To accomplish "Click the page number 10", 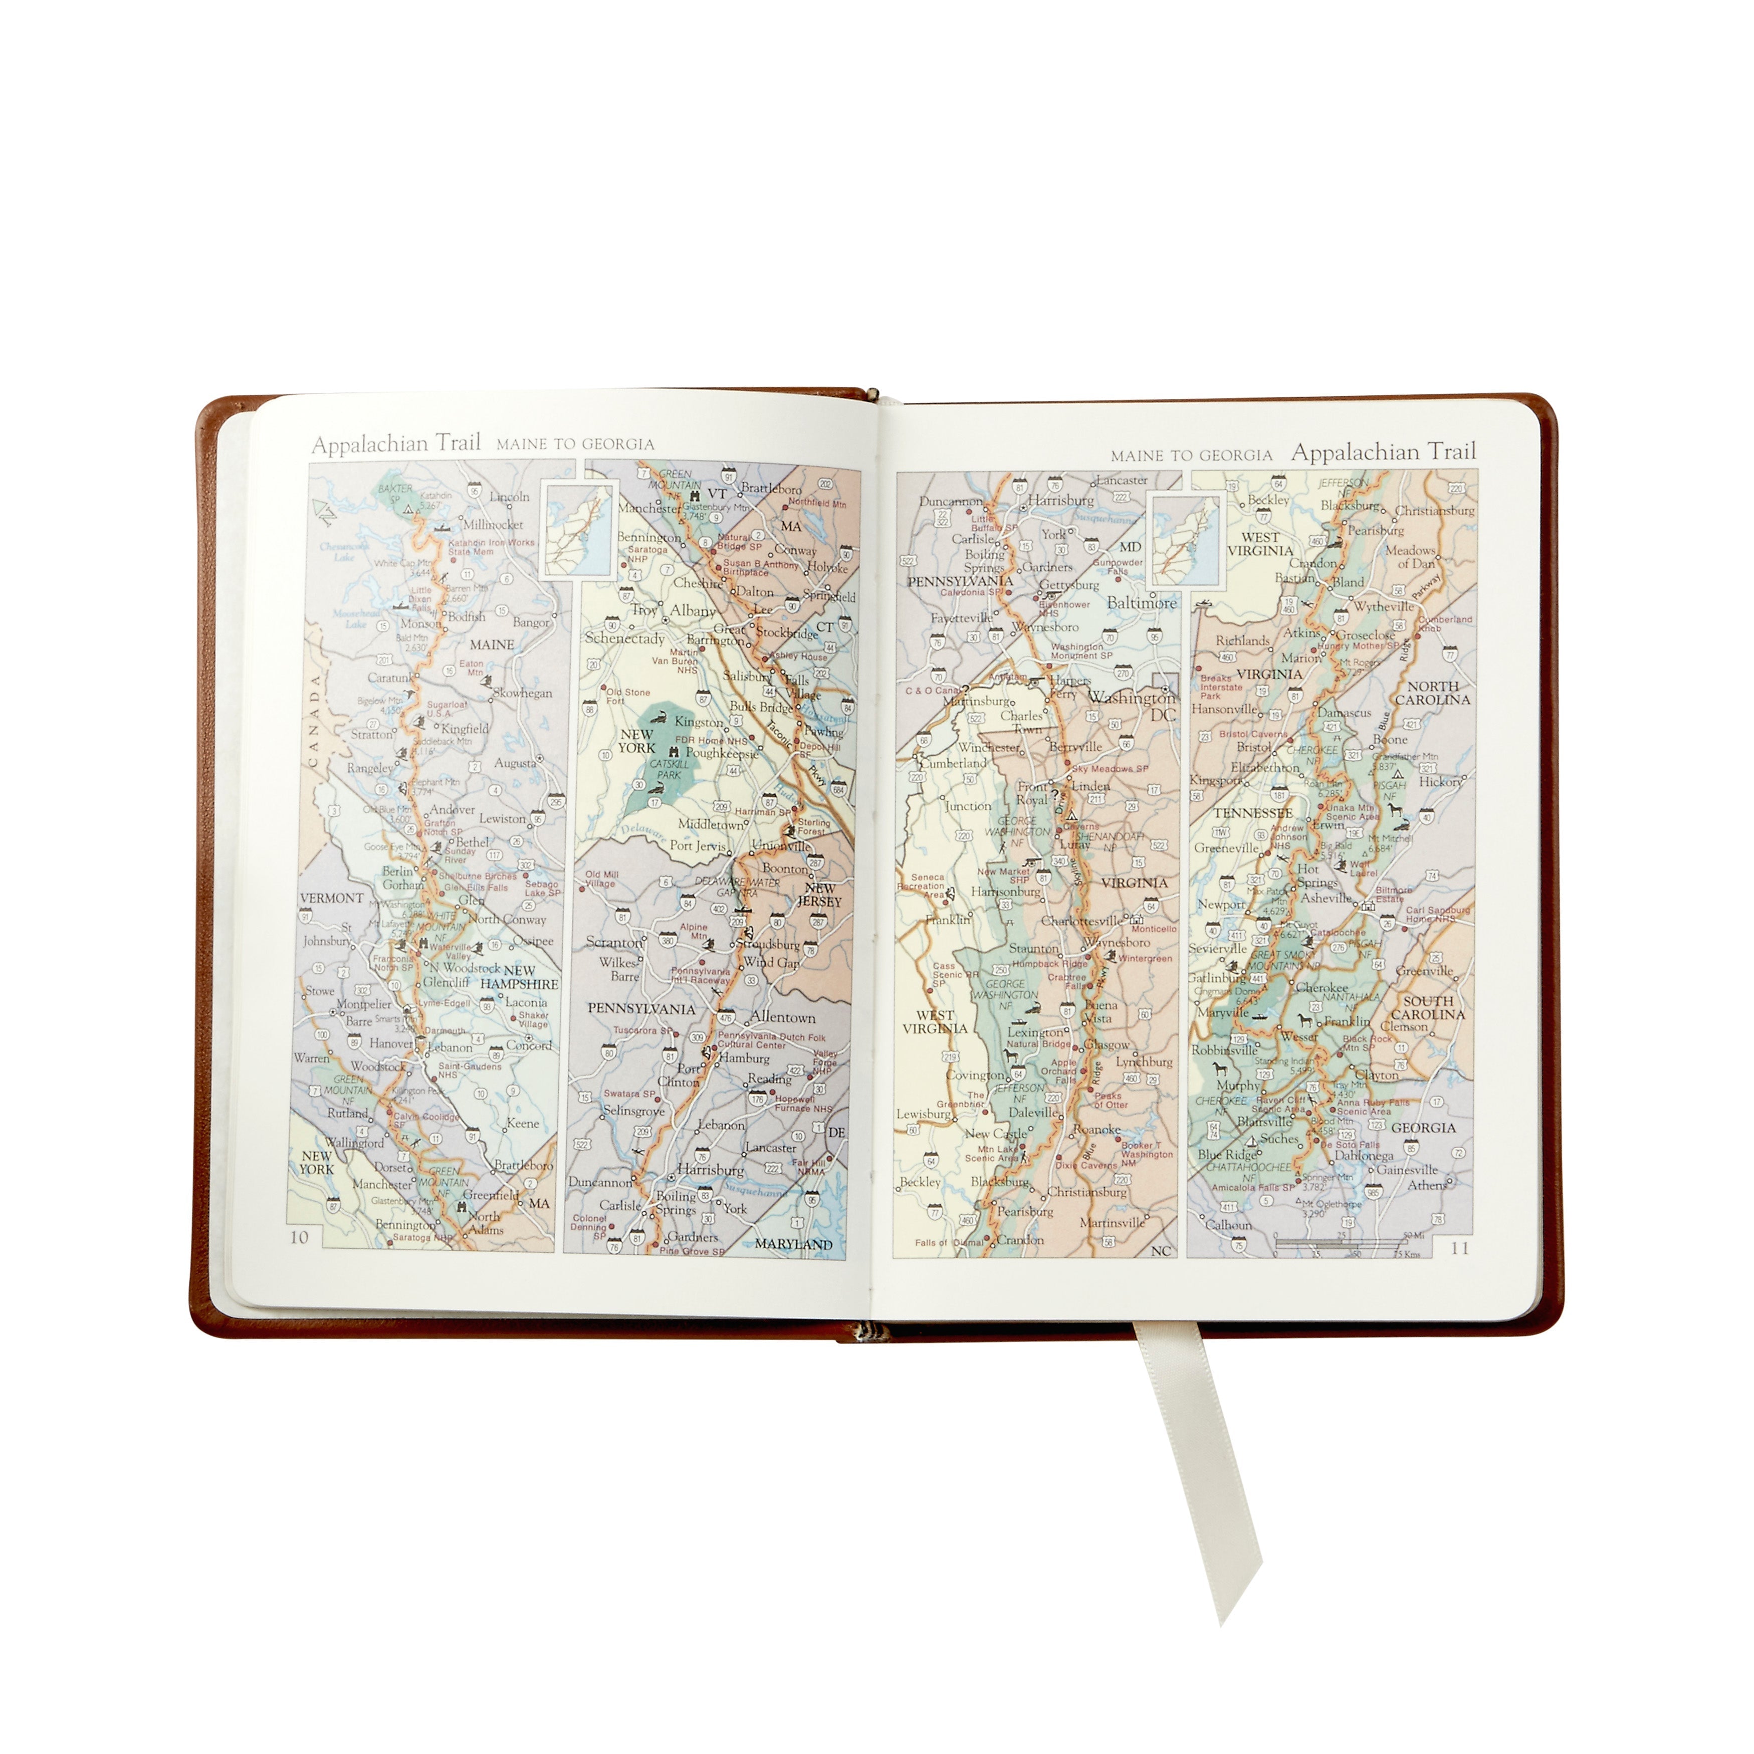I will [299, 1236].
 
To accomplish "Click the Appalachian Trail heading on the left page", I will [396, 444].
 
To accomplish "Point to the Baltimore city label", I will [1141, 603].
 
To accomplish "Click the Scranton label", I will [614, 942].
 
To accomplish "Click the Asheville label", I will [1327, 898].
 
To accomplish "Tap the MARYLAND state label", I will [793, 1244].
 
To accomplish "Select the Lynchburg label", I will [1144, 1061].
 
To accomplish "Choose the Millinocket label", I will [493, 525].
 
